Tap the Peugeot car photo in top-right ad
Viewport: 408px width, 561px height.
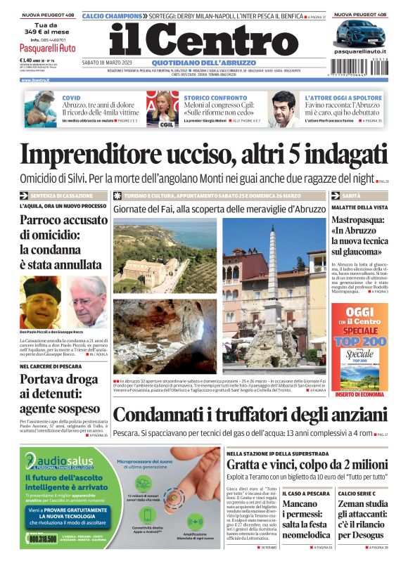coord(360,33)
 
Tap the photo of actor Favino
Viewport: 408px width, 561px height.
coord(285,109)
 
